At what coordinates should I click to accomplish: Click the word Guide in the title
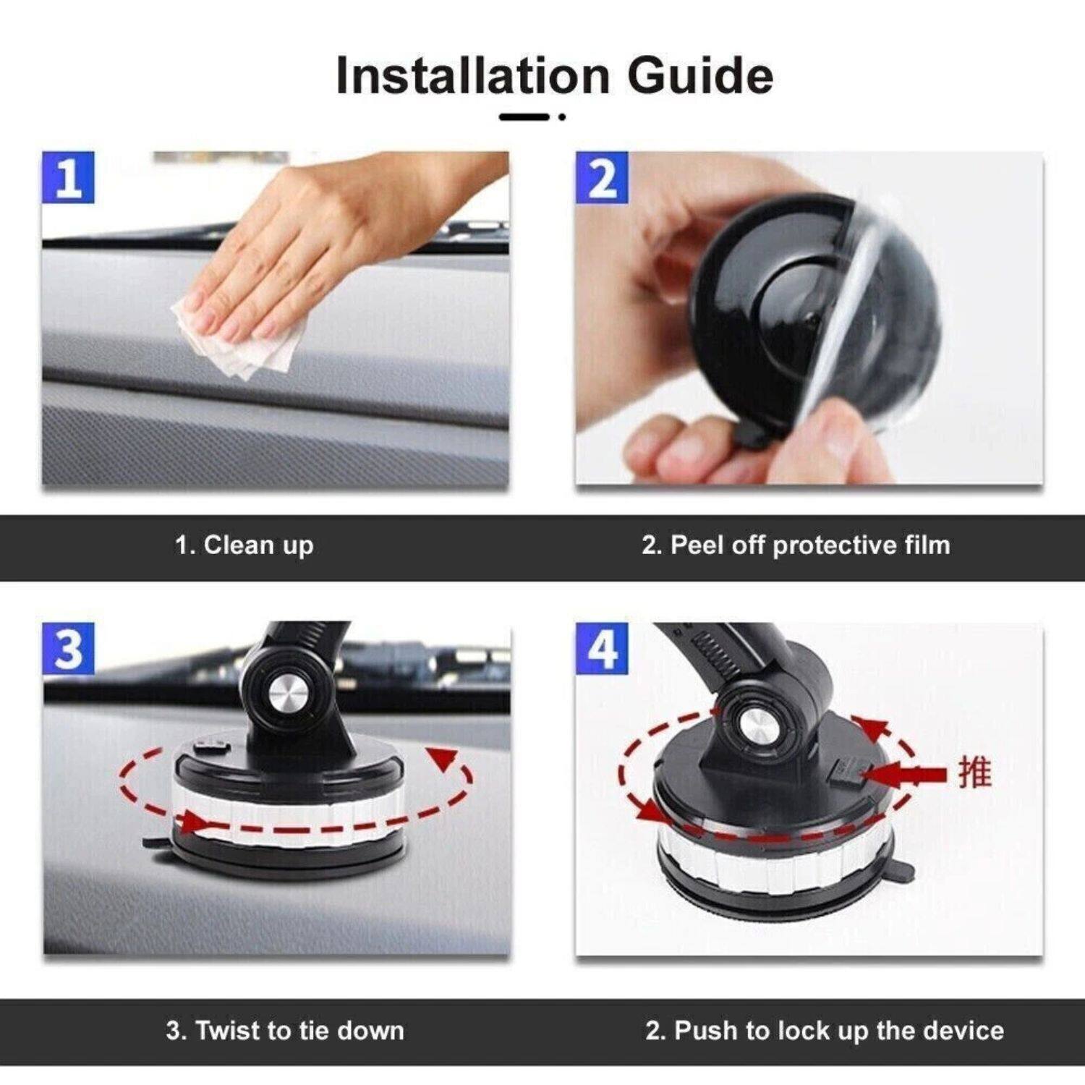(699, 75)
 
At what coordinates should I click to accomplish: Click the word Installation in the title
(473, 75)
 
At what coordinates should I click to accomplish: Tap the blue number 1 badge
(68, 177)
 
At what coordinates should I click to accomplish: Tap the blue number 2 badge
(601, 177)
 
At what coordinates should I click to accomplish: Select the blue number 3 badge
(68, 649)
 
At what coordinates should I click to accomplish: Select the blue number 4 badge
(601, 649)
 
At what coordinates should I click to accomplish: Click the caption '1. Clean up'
(244, 545)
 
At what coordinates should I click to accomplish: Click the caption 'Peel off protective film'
(796, 545)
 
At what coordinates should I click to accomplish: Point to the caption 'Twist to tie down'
(284, 1030)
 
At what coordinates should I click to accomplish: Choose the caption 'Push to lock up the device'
(825, 1030)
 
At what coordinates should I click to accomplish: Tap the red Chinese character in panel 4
(974, 773)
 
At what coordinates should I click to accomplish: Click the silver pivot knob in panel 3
(288, 694)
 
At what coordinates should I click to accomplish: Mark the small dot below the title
(562, 116)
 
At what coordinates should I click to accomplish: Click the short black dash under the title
(524, 116)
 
